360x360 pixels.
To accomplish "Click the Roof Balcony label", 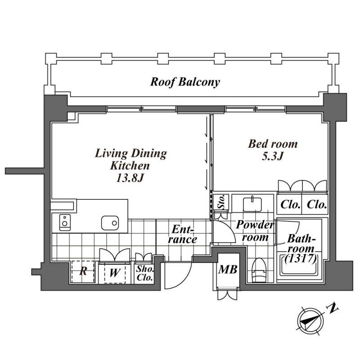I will click(185, 82).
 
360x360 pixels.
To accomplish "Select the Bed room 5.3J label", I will click(273, 150).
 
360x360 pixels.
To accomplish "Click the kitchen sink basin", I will click(109, 222).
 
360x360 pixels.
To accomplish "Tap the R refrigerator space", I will click(83, 272).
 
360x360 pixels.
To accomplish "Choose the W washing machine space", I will click(114, 273).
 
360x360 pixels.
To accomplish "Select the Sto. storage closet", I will click(221, 202).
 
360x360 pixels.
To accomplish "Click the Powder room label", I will click(255, 230).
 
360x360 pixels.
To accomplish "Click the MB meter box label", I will click(228, 270).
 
